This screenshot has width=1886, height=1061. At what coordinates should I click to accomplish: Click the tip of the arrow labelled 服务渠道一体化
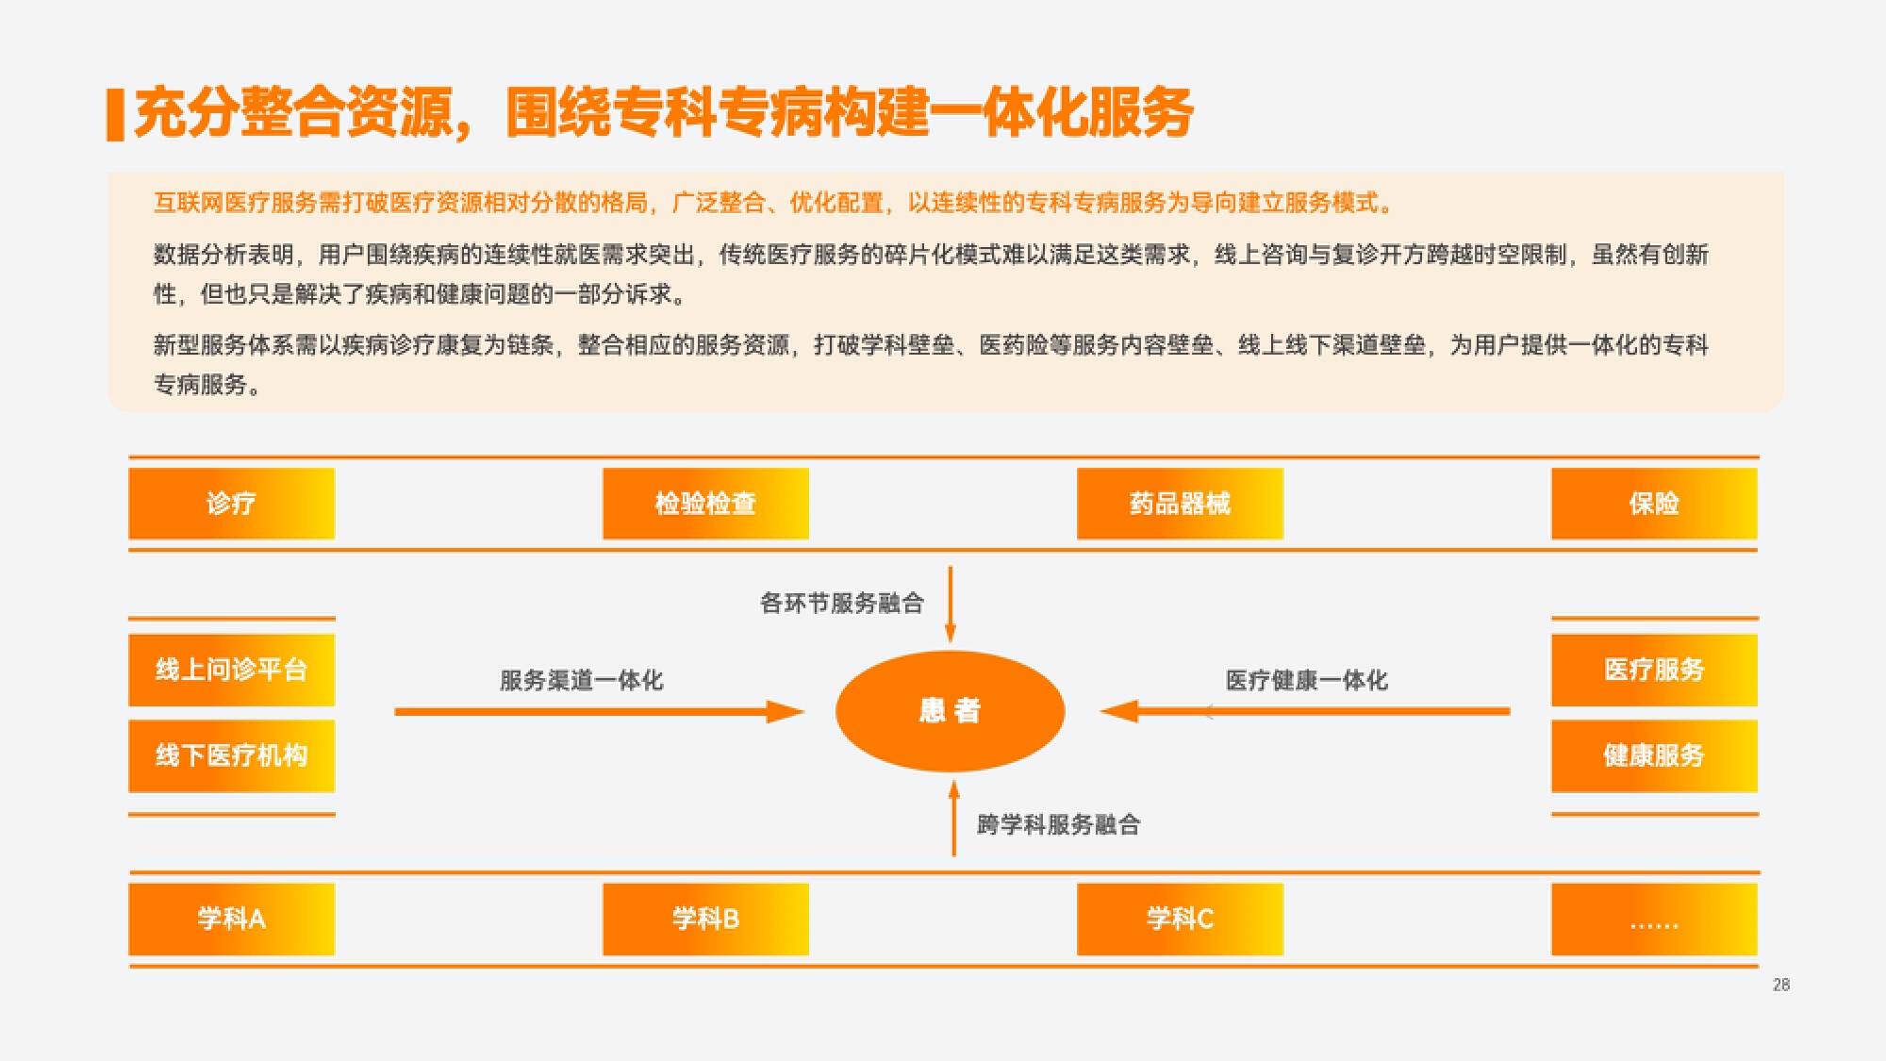click(x=804, y=711)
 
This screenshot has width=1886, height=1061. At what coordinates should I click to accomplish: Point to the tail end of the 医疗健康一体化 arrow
click(x=1510, y=711)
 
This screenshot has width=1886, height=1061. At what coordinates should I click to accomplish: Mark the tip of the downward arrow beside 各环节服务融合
click(x=951, y=643)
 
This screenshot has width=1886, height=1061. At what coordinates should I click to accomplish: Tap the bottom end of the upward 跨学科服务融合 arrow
click(x=954, y=856)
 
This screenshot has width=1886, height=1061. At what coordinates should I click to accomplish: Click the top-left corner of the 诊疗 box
click(x=129, y=469)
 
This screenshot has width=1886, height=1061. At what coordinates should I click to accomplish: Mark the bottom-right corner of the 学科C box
click(x=1283, y=954)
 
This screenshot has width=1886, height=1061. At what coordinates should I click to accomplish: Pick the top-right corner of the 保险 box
click(x=1758, y=469)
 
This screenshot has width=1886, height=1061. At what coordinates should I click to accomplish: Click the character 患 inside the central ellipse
click(x=933, y=710)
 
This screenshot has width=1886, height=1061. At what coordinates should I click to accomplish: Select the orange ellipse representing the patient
click(x=951, y=711)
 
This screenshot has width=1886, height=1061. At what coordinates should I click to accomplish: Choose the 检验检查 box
click(x=706, y=504)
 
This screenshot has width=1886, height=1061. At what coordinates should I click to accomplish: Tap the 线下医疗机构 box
click(x=232, y=756)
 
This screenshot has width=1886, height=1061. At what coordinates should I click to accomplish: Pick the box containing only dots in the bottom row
click(x=1655, y=920)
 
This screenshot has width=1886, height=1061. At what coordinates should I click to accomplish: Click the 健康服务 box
click(x=1655, y=756)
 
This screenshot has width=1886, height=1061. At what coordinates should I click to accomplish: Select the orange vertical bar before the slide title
click(x=115, y=115)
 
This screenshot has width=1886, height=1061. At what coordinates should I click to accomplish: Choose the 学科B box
click(x=706, y=920)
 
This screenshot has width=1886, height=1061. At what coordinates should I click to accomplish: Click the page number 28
click(x=1781, y=985)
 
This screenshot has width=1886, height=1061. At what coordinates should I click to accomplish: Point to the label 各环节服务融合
click(x=842, y=604)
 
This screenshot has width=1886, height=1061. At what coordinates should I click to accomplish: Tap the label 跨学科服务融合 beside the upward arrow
click(x=1059, y=825)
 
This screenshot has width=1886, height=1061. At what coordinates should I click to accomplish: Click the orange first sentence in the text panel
click(x=773, y=203)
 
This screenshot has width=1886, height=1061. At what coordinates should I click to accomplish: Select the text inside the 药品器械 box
click(x=1181, y=504)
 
